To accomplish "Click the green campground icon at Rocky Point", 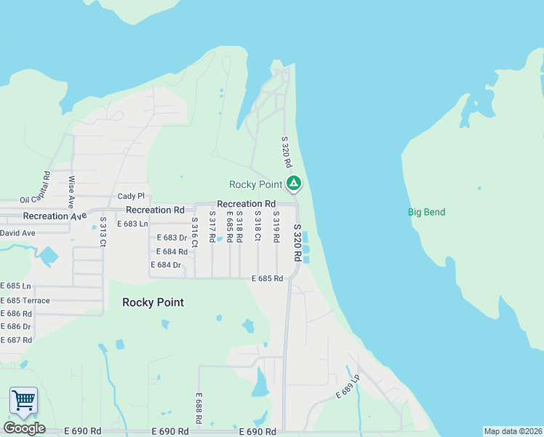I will tap(293, 184).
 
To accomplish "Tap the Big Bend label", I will tap(426, 213).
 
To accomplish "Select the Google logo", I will tap(24, 428).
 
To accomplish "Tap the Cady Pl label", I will tap(131, 197).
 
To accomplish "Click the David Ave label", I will tap(17, 233).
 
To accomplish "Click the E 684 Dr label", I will tap(165, 265).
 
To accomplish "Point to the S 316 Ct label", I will tap(194, 230).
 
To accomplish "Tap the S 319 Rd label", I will tap(276, 227).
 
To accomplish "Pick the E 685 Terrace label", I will tap(25, 301).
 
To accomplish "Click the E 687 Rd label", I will tap(16, 340).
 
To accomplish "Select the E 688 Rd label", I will tap(198, 408).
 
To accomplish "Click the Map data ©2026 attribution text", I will tap(513, 431).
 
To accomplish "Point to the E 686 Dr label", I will tap(16, 327).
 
